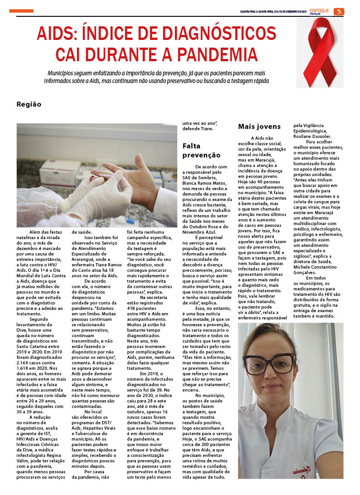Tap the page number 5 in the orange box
[x=339, y=12]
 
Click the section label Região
[x=29, y=104]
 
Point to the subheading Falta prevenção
[x=201, y=151]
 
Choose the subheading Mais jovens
[x=259, y=127]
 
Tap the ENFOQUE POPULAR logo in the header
[x=319, y=11]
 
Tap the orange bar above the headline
[x=21, y=11]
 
